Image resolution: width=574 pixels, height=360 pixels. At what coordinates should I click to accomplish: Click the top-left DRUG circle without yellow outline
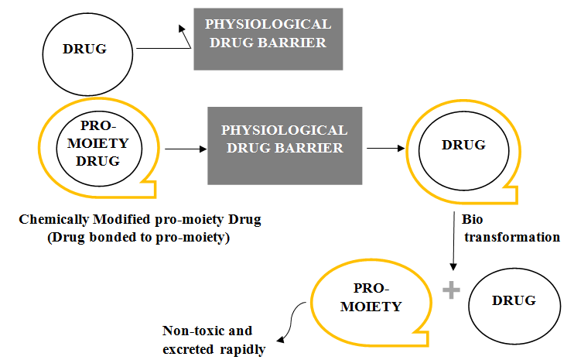click(84, 49)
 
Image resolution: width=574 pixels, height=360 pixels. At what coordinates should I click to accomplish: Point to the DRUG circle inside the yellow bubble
click(463, 146)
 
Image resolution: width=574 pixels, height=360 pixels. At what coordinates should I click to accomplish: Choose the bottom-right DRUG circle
click(514, 300)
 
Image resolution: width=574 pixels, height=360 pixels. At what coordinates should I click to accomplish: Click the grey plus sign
click(450, 290)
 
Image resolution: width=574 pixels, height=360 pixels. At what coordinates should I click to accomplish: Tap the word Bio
click(472, 220)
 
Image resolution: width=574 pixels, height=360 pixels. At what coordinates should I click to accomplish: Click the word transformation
click(511, 237)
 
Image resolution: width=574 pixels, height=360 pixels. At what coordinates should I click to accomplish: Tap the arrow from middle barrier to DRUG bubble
click(382, 146)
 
